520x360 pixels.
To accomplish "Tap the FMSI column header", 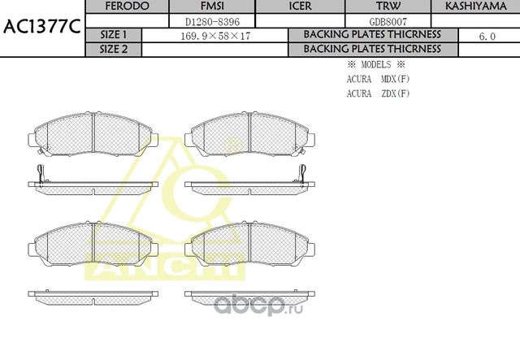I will point(217,6).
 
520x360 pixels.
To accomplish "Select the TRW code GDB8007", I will point(387,20).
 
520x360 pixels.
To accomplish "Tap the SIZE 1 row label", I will point(114,35).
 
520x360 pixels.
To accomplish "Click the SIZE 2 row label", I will point(114,49).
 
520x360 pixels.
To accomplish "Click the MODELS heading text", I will point(374,64).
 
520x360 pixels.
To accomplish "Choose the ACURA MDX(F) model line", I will point(378,79).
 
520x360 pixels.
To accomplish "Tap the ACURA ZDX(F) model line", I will point(378,93).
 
